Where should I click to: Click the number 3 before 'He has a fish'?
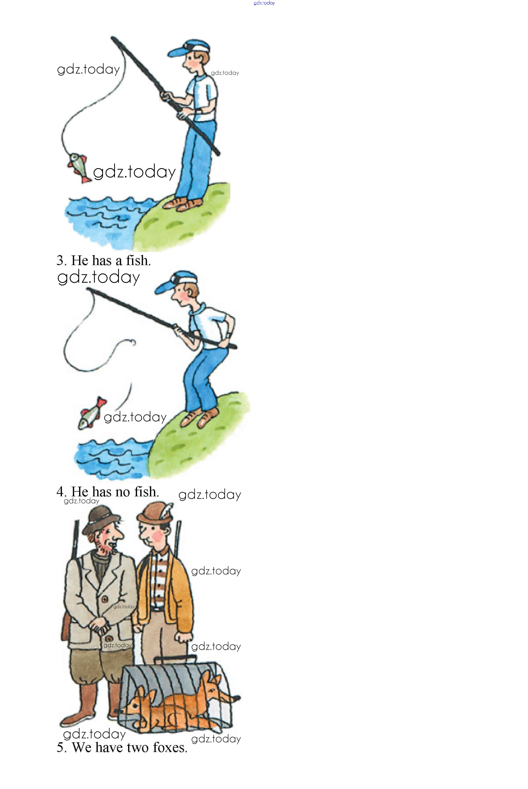coord(60,261)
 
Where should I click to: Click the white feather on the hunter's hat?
coord(168,510)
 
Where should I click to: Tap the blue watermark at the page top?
coord(264,3)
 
